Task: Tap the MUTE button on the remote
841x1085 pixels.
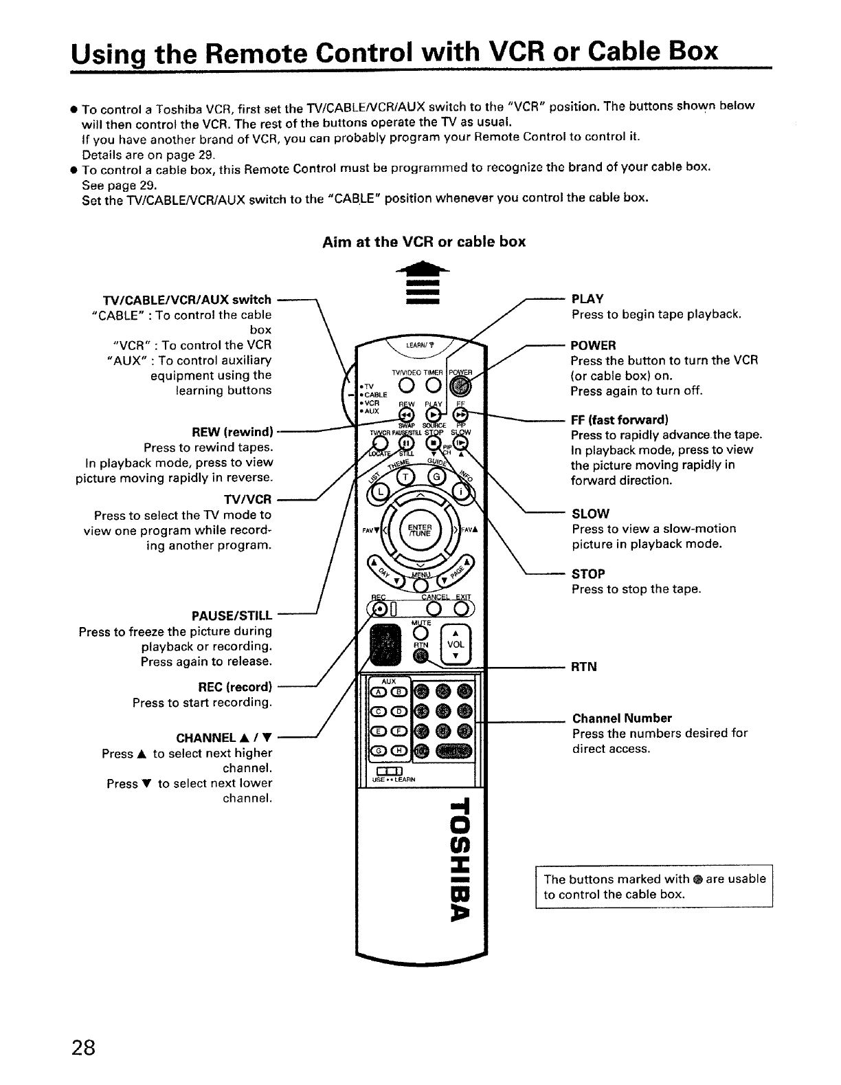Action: click(x=422, y=633)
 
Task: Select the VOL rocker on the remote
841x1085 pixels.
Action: click(x=456, y=645)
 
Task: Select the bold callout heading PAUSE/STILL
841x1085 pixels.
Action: click(x=233, y=615)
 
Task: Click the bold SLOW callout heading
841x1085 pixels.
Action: click(x=590, y=514)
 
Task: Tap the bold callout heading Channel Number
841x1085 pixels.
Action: click(x=622, y=718)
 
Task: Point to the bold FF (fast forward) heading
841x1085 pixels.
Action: click(x=619, y=419)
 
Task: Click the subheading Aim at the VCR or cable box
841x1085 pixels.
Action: click(x=424, y=241)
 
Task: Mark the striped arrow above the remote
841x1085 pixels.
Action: click(x=423, y=284)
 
